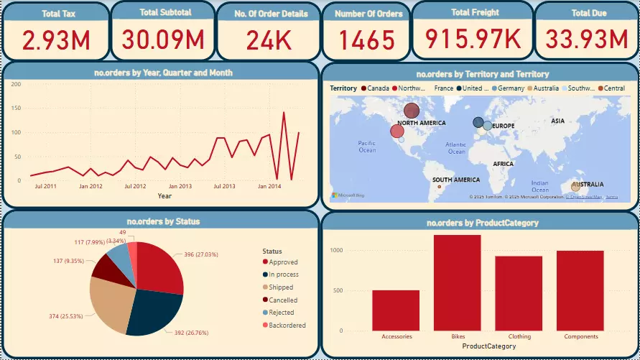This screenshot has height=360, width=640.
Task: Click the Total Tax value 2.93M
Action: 56,40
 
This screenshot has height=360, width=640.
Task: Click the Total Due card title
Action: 588,13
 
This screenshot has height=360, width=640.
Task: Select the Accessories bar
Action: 396,310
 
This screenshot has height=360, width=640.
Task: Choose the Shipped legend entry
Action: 281,287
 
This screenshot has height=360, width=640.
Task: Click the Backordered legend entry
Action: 287,325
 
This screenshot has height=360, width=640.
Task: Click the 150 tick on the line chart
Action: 15,109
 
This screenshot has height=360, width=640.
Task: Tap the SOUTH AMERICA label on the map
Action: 455,179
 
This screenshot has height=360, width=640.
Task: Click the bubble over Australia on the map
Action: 575,186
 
